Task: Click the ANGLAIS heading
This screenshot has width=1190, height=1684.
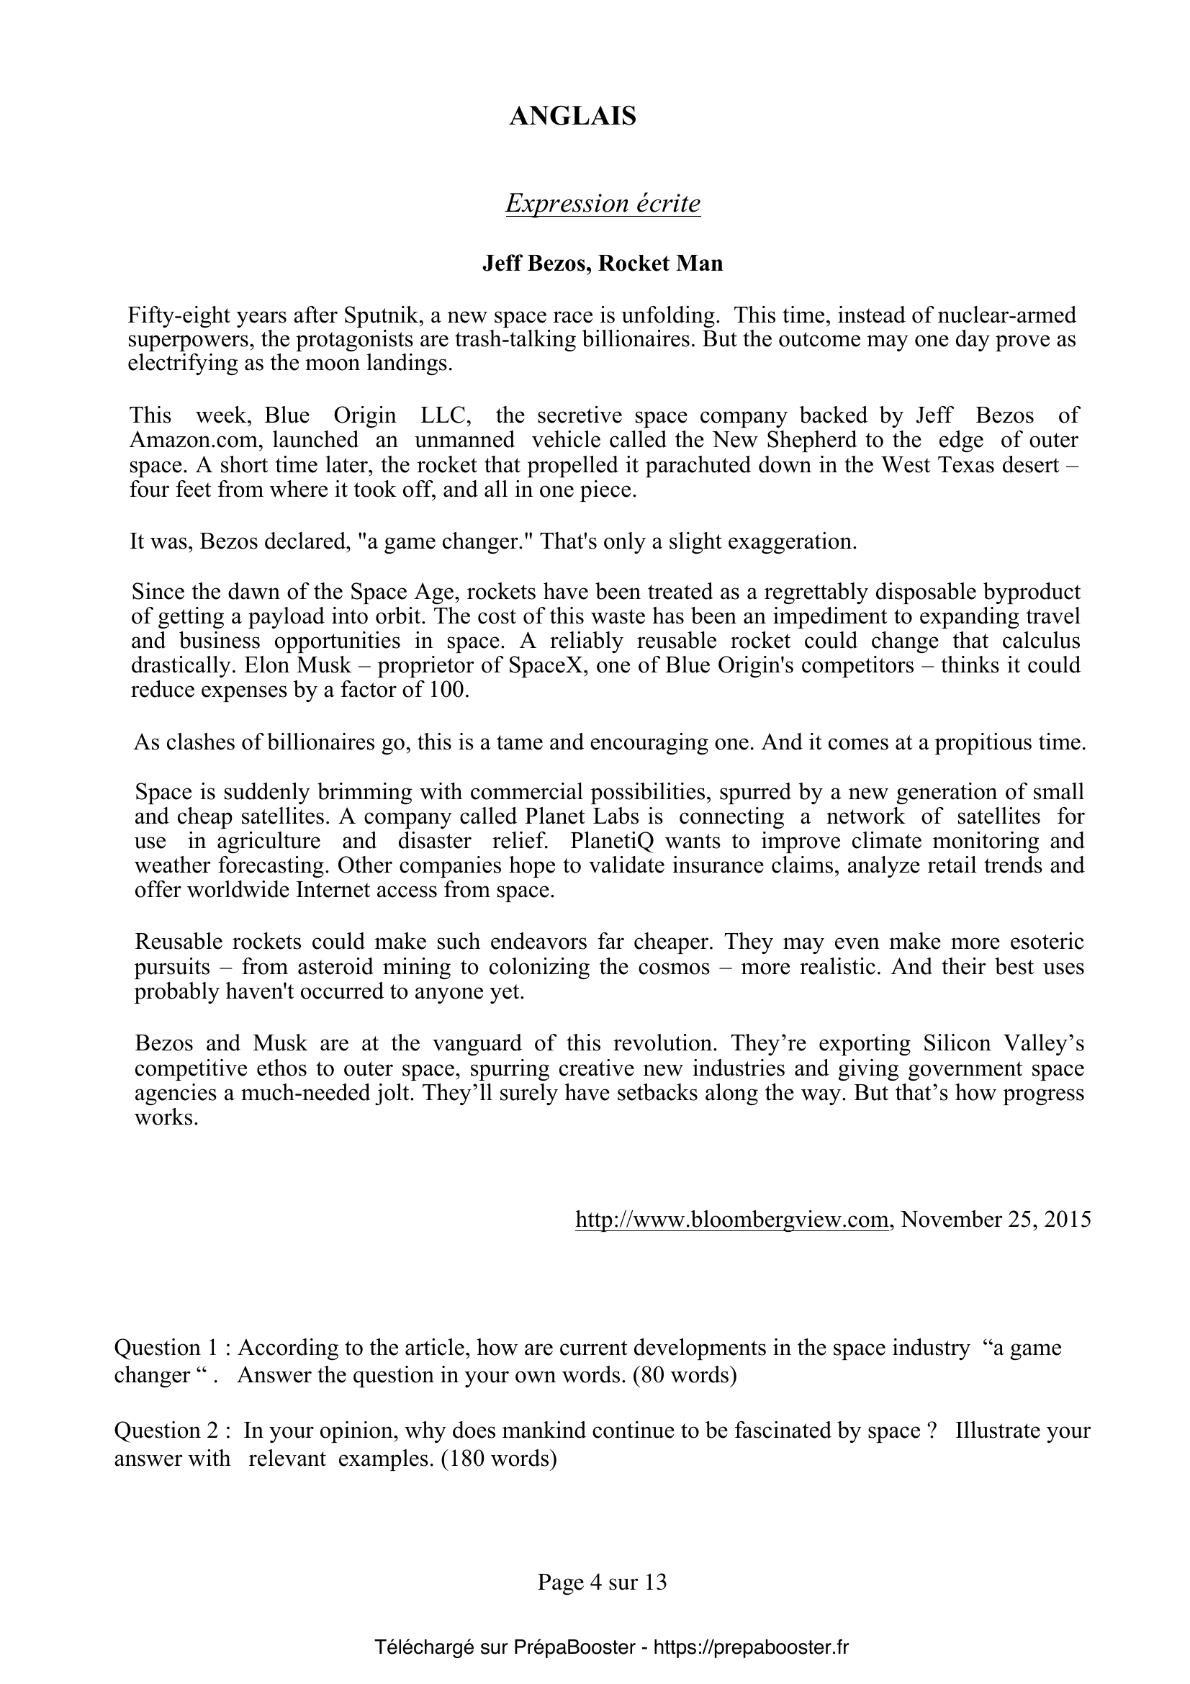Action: (572, 116)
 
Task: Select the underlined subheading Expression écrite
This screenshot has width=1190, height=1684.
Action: (603, 203)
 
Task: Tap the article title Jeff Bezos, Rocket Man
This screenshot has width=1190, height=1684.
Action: (602, 264)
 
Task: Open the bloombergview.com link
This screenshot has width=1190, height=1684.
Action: (731, 1220)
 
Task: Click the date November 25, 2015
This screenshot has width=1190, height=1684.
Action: (996, 1220)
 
